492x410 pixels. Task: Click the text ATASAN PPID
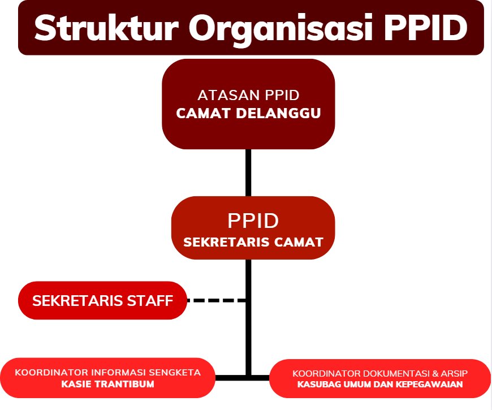pyautogui.click(x=248, y=96)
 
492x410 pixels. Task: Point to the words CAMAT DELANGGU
pyautogui.click(x=248, y=113)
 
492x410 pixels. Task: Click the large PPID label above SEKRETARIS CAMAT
pyautogui.click(x=253, y=221)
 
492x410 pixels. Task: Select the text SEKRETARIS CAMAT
pyautogui.click(x=253, y=242)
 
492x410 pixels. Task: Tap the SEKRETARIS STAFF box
pyautogui.click(x=102, y=300)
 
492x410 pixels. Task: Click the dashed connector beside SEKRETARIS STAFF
pyautogui.click(x=217, y=300)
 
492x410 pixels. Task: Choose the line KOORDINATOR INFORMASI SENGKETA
pyautogui.click(x=107, y=372)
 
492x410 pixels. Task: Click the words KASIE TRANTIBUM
pyautogui.click(x=107, y=384)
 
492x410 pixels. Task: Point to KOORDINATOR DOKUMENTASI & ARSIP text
pyautogui.click(x=380, y=373)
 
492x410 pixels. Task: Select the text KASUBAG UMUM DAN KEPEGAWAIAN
pyautogui.click(x=380, y=385)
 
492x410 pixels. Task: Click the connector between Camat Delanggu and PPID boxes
pyautogui.click(x=248, y=172)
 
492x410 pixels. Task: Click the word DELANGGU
pyautogui.click(x=278, y=113)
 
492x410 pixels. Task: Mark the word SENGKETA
pyautogui.click(x=174, y=372)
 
